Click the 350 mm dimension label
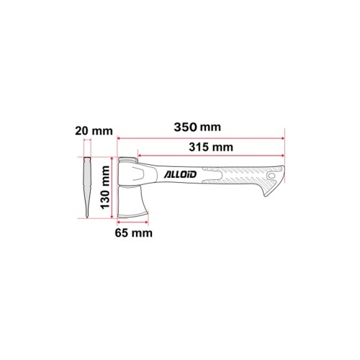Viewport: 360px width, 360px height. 197,127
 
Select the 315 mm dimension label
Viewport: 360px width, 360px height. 211,147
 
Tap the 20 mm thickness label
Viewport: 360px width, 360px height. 94,131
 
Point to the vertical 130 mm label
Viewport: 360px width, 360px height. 105,187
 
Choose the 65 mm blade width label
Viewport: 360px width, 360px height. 133,233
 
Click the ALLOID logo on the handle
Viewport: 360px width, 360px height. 180,174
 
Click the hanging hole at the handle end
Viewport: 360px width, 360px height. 271,176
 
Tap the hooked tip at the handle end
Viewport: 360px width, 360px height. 266,194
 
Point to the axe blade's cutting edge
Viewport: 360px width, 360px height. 132,215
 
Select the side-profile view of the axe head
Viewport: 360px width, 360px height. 87,187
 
